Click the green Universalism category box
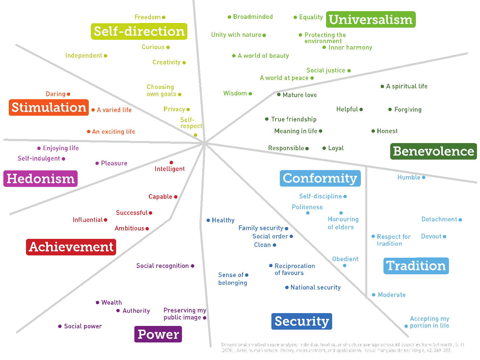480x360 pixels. coord(371,20)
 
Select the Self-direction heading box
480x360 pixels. coord(139,31)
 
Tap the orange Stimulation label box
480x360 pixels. coord(49,108)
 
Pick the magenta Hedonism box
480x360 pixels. coord(41,178)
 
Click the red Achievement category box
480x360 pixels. coord(71,247)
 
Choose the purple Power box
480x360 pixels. coord(158,334)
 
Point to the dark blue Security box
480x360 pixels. coord(302,321)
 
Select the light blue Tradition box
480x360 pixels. coord(416,266)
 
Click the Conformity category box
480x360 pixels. coord(320,178)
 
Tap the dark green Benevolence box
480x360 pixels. coord(433,151)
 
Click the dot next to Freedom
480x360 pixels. coord(164,17)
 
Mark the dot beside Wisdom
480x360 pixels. coord(250,94)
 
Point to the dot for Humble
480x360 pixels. coord(424,177)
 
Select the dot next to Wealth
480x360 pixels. coord(98,303)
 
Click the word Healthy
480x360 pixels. coord(223,220)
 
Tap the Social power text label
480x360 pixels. coord(83,326)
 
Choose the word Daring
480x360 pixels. coord(56,94)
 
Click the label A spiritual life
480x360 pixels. coord(407,86)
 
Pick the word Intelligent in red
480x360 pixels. coord(170,169)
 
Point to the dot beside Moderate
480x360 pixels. coord(374,295)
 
